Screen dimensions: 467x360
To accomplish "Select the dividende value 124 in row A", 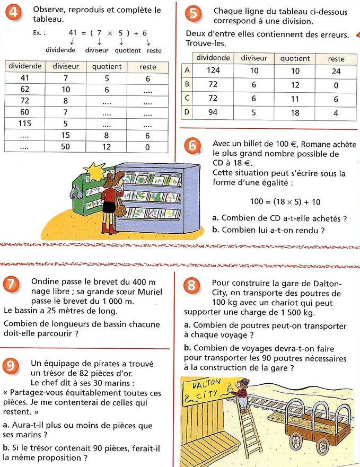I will [x=213, y=70].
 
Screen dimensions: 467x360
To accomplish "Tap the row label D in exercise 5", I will [x=187, y=112].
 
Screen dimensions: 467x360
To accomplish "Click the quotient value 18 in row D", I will [x=295, y=112].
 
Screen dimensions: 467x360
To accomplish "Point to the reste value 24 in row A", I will [x=336, y=70].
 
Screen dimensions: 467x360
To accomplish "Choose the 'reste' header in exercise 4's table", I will [x=147, y=67].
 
